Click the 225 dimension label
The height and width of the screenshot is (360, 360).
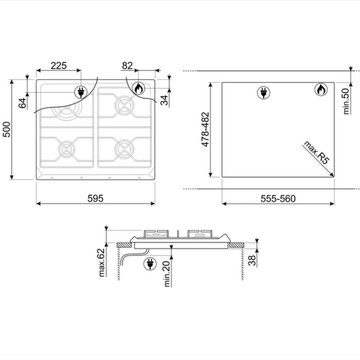pyautogui.click(x=59, y=66)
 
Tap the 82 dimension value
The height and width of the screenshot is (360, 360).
pyautogui.click(x=127, y=66)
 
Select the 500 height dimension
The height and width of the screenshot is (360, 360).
pyautogui.click(x=7, y=129)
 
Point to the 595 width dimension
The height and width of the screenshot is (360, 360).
pyautogui.click(x=96, y=198)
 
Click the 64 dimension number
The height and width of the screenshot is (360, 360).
pyautogui.click(x=22, y=103)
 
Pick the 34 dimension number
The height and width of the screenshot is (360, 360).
pyautogui.click(x=164, y=100)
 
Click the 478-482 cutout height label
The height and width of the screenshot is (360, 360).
pyautogui.click(x=205, y=129)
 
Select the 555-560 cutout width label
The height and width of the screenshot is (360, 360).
pyautogui.click(x=278, y=199)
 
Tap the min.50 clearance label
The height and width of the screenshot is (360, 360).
pyautogui.click(x=346, y=101)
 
